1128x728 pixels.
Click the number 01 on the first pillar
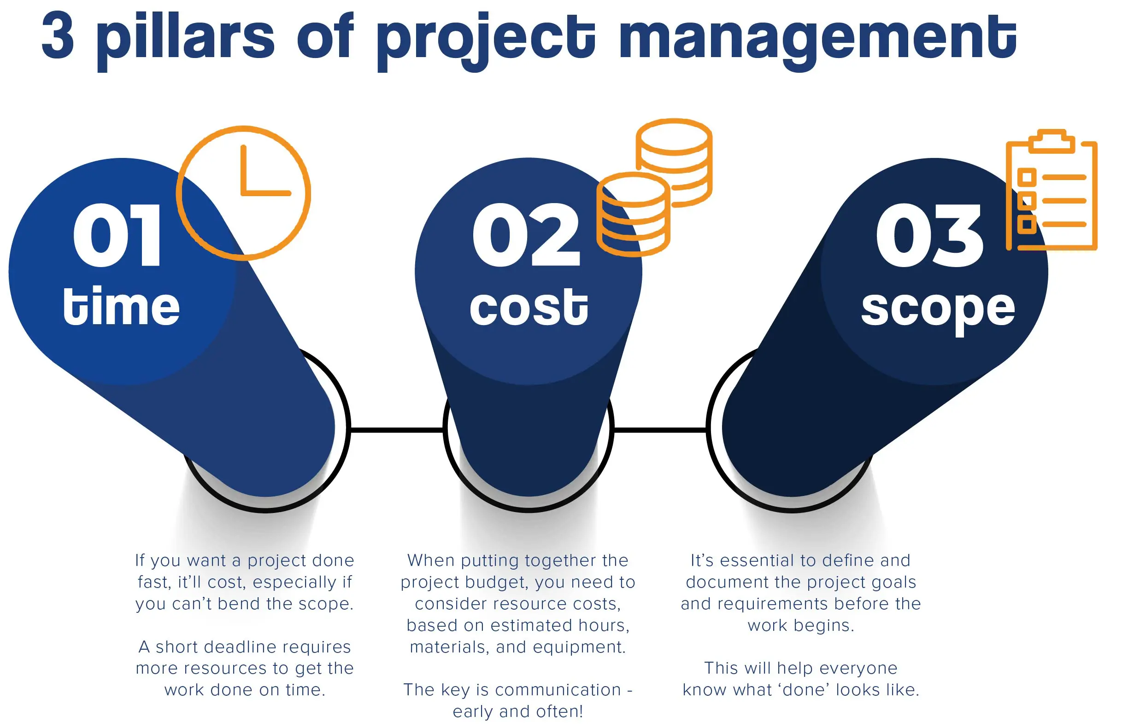click(117, 235)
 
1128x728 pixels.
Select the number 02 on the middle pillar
click(526, 235)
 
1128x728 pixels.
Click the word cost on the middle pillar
click(529, 307)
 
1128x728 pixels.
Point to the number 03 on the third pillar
click(929, 235)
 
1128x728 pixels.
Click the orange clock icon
click(244, 193)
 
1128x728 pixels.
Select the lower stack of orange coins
click(633, 215)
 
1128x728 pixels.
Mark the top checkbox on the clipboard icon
click(1027, 177)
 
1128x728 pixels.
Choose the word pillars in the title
click(185, 38)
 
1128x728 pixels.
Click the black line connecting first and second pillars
click(396, 429)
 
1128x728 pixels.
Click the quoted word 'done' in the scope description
click(804, 690)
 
